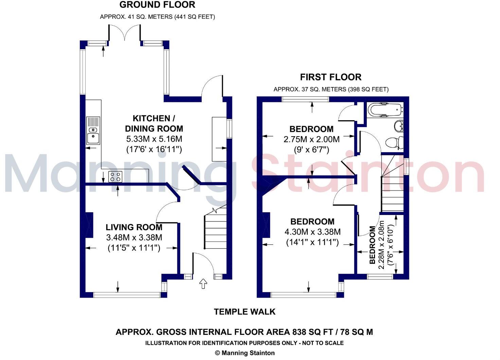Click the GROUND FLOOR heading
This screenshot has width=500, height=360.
(x=157, y=5)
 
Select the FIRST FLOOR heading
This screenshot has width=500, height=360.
(x=331, y=77)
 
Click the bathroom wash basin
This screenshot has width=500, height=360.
(x=399, y=126)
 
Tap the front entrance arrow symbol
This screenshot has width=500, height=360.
(x=203, y=284)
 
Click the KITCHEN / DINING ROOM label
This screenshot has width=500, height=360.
(x=154, y=123)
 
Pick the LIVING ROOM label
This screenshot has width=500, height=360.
(x=134, y=227)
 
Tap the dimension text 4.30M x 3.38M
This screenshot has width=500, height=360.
(x=312, y=232)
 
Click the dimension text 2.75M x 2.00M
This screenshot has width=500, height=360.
(x=311, y=139)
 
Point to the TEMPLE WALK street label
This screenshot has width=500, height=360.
(x=245, y=311)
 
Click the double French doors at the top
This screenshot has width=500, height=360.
(x=124, y=34)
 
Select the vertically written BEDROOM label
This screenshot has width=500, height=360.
(x=372, y=245)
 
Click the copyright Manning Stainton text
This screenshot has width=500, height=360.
(x=245, y=353)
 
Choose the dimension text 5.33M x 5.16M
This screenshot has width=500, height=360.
(x=154, y=139)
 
